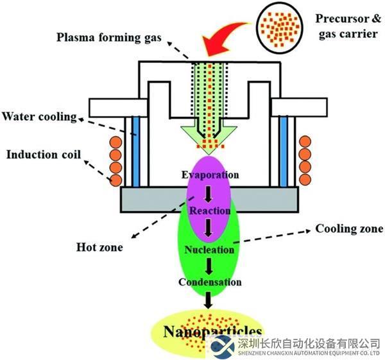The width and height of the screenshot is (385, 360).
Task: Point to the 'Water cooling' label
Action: coord(39,117)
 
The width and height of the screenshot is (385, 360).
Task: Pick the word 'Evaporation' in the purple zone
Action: coord(210,175)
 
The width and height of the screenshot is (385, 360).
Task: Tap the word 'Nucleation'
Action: coord(209,249)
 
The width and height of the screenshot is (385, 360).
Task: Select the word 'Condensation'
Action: coord(210,282)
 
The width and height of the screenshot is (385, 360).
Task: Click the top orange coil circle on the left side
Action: coord(116,141)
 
